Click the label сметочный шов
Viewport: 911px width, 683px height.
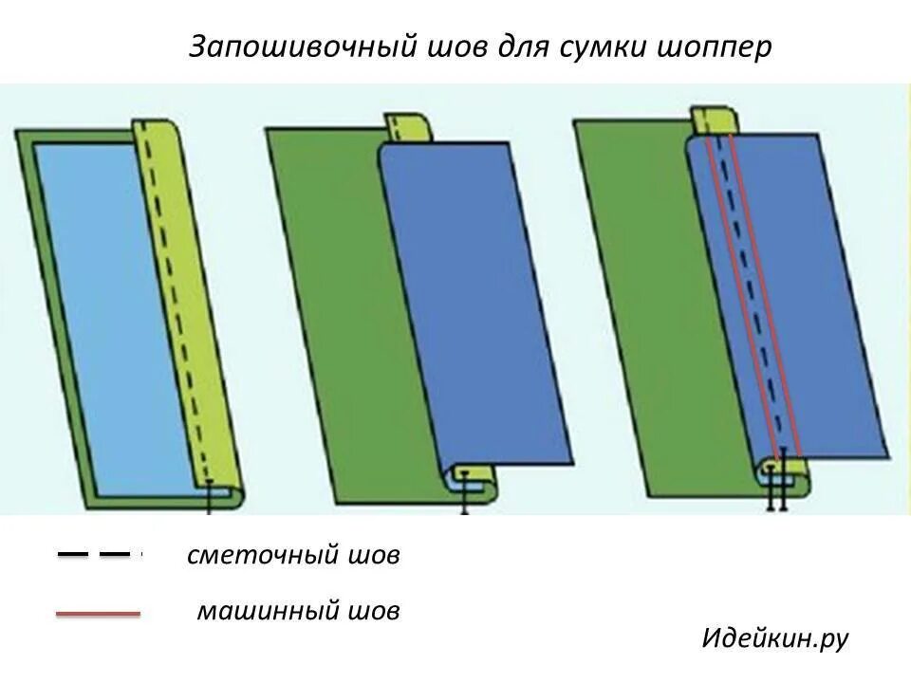[x=293, y=556]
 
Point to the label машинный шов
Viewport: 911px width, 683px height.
[x=298, y=611]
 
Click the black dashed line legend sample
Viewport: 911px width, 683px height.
[x=95, y=553]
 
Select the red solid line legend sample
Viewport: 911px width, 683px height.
[x=98, y=615]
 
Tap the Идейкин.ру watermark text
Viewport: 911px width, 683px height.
[x=774, y=638]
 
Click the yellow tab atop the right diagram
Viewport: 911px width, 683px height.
[x=713, y=121]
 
